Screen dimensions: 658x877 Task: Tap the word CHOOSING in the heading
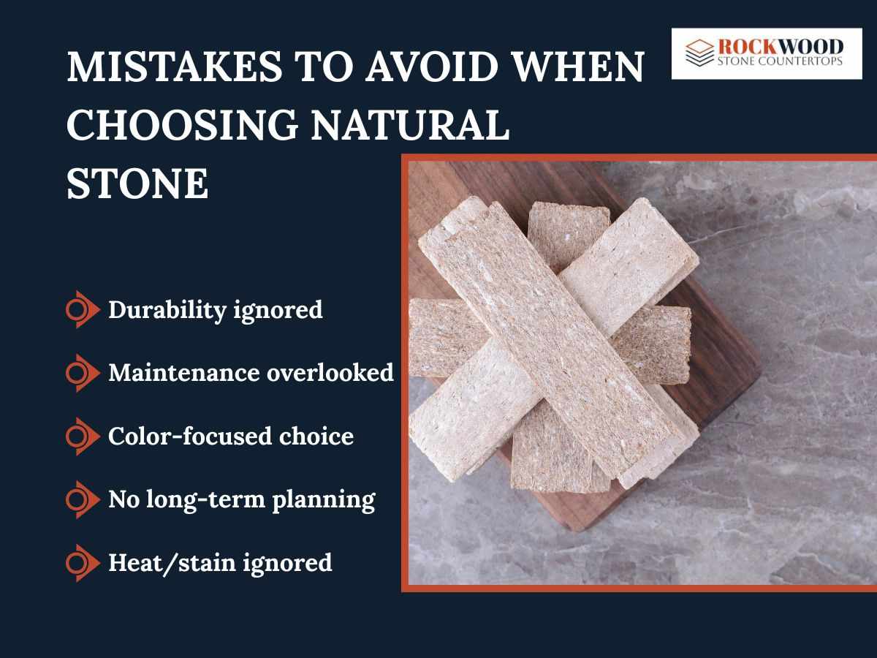(183, 126)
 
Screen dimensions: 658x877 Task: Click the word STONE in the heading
(137, 184)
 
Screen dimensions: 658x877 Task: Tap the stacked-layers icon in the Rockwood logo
(699, 53)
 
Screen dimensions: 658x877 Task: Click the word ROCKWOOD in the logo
(780, 46)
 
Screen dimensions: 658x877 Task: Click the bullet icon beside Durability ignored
(81, 310)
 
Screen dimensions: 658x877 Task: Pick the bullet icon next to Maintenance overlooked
(81, 373)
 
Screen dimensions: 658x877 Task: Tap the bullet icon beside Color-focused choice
(81, 436)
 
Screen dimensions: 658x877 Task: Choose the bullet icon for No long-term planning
(81, 499)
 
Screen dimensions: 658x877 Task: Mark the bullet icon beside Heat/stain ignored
(81, 563)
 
